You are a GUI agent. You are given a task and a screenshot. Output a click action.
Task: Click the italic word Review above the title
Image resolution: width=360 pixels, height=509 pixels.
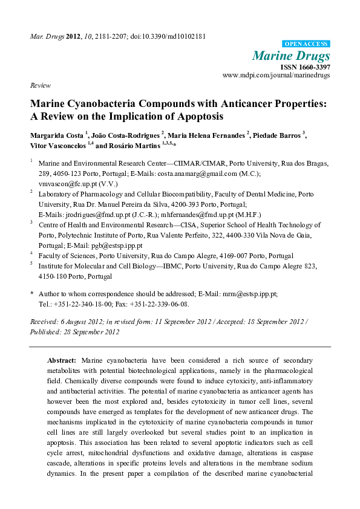[x=40, y=86]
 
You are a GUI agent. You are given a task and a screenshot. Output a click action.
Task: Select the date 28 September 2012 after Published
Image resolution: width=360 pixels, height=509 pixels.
[x=92, y=331]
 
